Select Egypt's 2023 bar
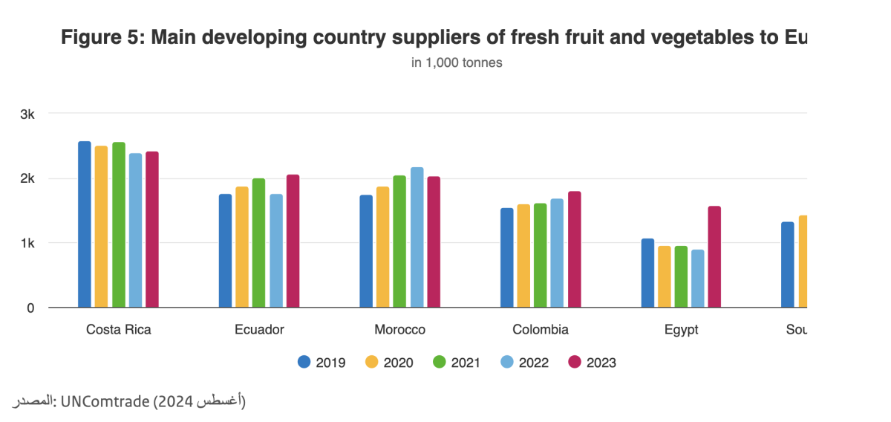click(x=714, y=257)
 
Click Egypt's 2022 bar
click(x=698, y=279)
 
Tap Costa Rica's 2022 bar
click(x=135, y=230)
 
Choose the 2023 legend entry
click(x=593, y=363)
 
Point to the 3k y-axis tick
click(x=27, y=114)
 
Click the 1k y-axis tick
click(x=27, y=243)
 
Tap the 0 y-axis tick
click(x=30, y=308)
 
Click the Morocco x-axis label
click(x=399, y=330)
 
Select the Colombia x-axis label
click(x=541, y=330)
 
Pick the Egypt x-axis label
click(x=681, y=330)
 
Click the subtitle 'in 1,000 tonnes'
click(x=457, y=62)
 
